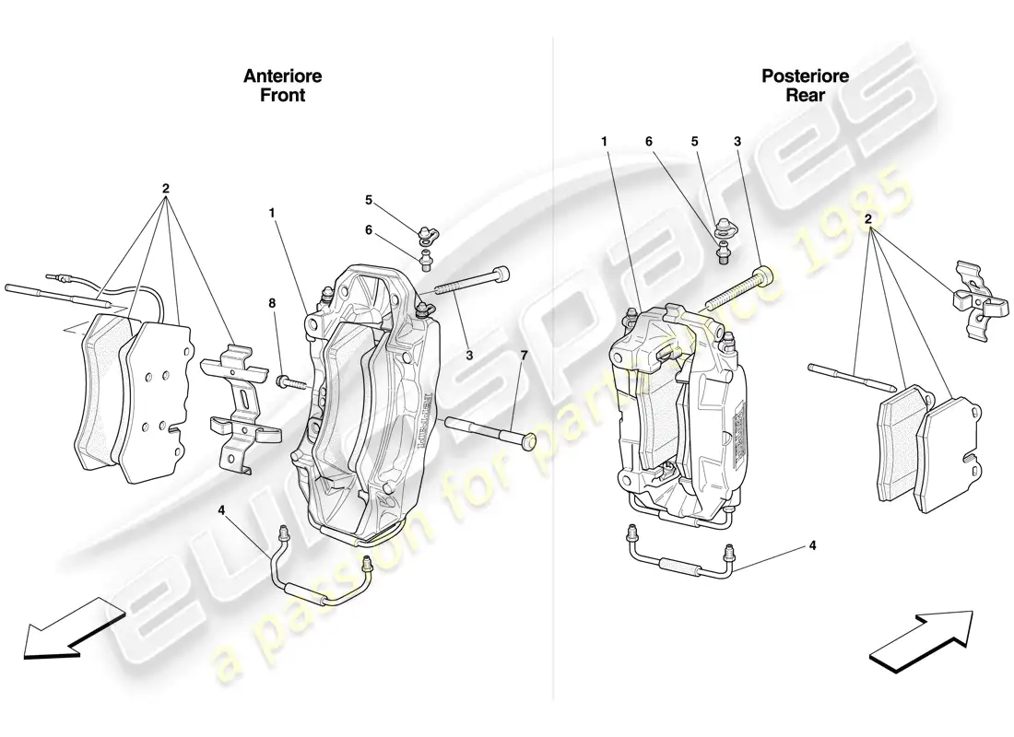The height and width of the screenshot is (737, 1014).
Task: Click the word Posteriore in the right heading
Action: (x=805, y=76)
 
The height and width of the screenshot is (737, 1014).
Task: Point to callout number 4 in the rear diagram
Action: (x=812, y=545)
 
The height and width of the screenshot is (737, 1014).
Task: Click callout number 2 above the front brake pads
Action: (x=166, y=189)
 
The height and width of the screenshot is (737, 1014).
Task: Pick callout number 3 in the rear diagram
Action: (x=737, y=142)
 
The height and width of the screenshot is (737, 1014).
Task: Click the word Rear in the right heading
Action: (x=805, y=94)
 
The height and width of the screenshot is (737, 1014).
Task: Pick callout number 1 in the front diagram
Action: (x=271, y=213)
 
